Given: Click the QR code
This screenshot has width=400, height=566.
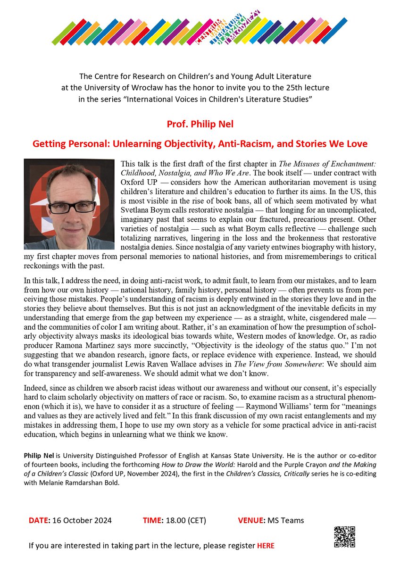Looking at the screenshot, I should point(345,536).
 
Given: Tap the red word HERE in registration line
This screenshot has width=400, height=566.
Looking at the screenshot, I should point(266,546).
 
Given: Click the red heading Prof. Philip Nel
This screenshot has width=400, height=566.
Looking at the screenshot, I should point(200,125).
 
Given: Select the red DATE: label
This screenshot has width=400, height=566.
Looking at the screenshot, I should point(39,521).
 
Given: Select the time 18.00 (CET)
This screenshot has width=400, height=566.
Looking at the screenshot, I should point(184,521).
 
